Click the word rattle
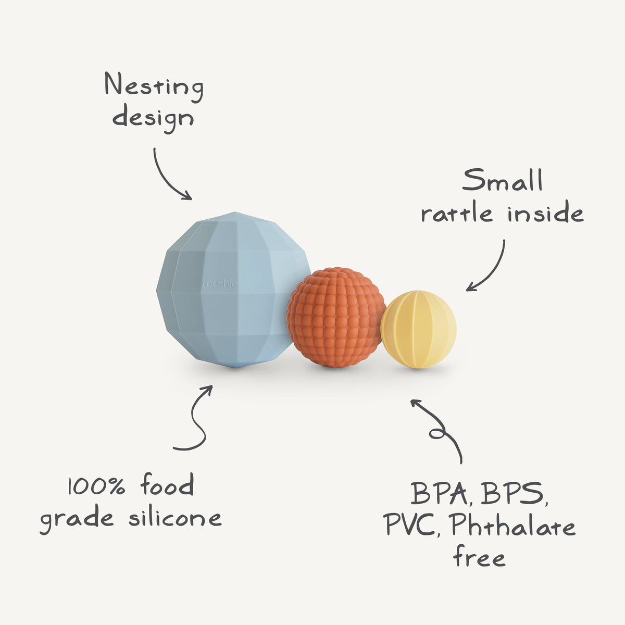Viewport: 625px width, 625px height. (x=457, y=214)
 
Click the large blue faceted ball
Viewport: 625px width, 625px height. (x=229, y=292)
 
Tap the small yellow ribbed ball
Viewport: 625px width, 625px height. (x=418, y=329)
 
